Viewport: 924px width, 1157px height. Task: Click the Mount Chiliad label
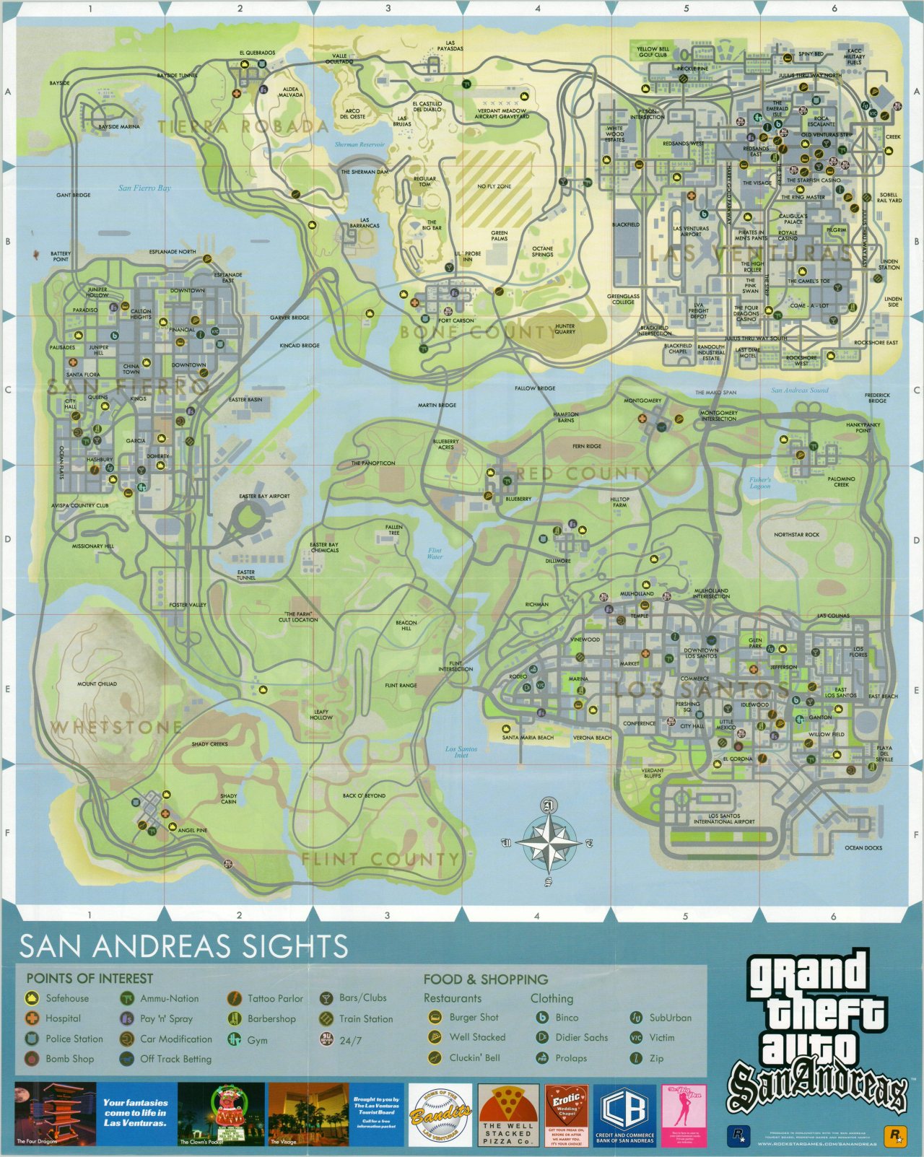[97, 684]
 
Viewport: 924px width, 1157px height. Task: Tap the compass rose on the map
[549, 843]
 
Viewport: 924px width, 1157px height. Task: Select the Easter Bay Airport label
[264, 497]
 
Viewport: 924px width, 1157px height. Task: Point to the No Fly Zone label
[494, 186]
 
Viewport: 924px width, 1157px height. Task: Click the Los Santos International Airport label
[723, 818]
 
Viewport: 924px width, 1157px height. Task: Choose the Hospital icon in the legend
[32, 1018]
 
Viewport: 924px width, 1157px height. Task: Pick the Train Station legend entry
[365, 1018]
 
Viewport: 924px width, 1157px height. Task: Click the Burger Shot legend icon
[435, 1017]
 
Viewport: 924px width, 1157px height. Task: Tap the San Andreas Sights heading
[183, 946]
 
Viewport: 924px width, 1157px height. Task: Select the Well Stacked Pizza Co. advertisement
[508, 1115]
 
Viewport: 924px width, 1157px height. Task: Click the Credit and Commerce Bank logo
[624, 1115]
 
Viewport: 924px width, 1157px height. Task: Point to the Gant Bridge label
[74, 195]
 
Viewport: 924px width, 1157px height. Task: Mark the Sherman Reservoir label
[359, 144]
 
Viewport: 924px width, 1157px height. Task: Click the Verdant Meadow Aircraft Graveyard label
[502, 114]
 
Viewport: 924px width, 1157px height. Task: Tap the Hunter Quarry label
[565, 329]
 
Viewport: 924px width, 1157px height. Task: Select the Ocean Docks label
[863, 848]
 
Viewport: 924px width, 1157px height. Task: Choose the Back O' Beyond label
[364, 796]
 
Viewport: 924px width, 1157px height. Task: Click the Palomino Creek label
[841, 481]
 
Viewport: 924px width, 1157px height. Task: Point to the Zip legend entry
[656, 1058]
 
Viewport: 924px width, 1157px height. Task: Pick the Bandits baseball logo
[440, 1115]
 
